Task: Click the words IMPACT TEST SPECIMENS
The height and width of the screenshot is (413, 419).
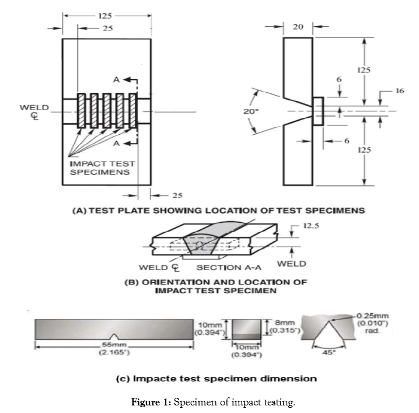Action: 97,168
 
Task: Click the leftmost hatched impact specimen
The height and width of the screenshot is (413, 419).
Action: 83,110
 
